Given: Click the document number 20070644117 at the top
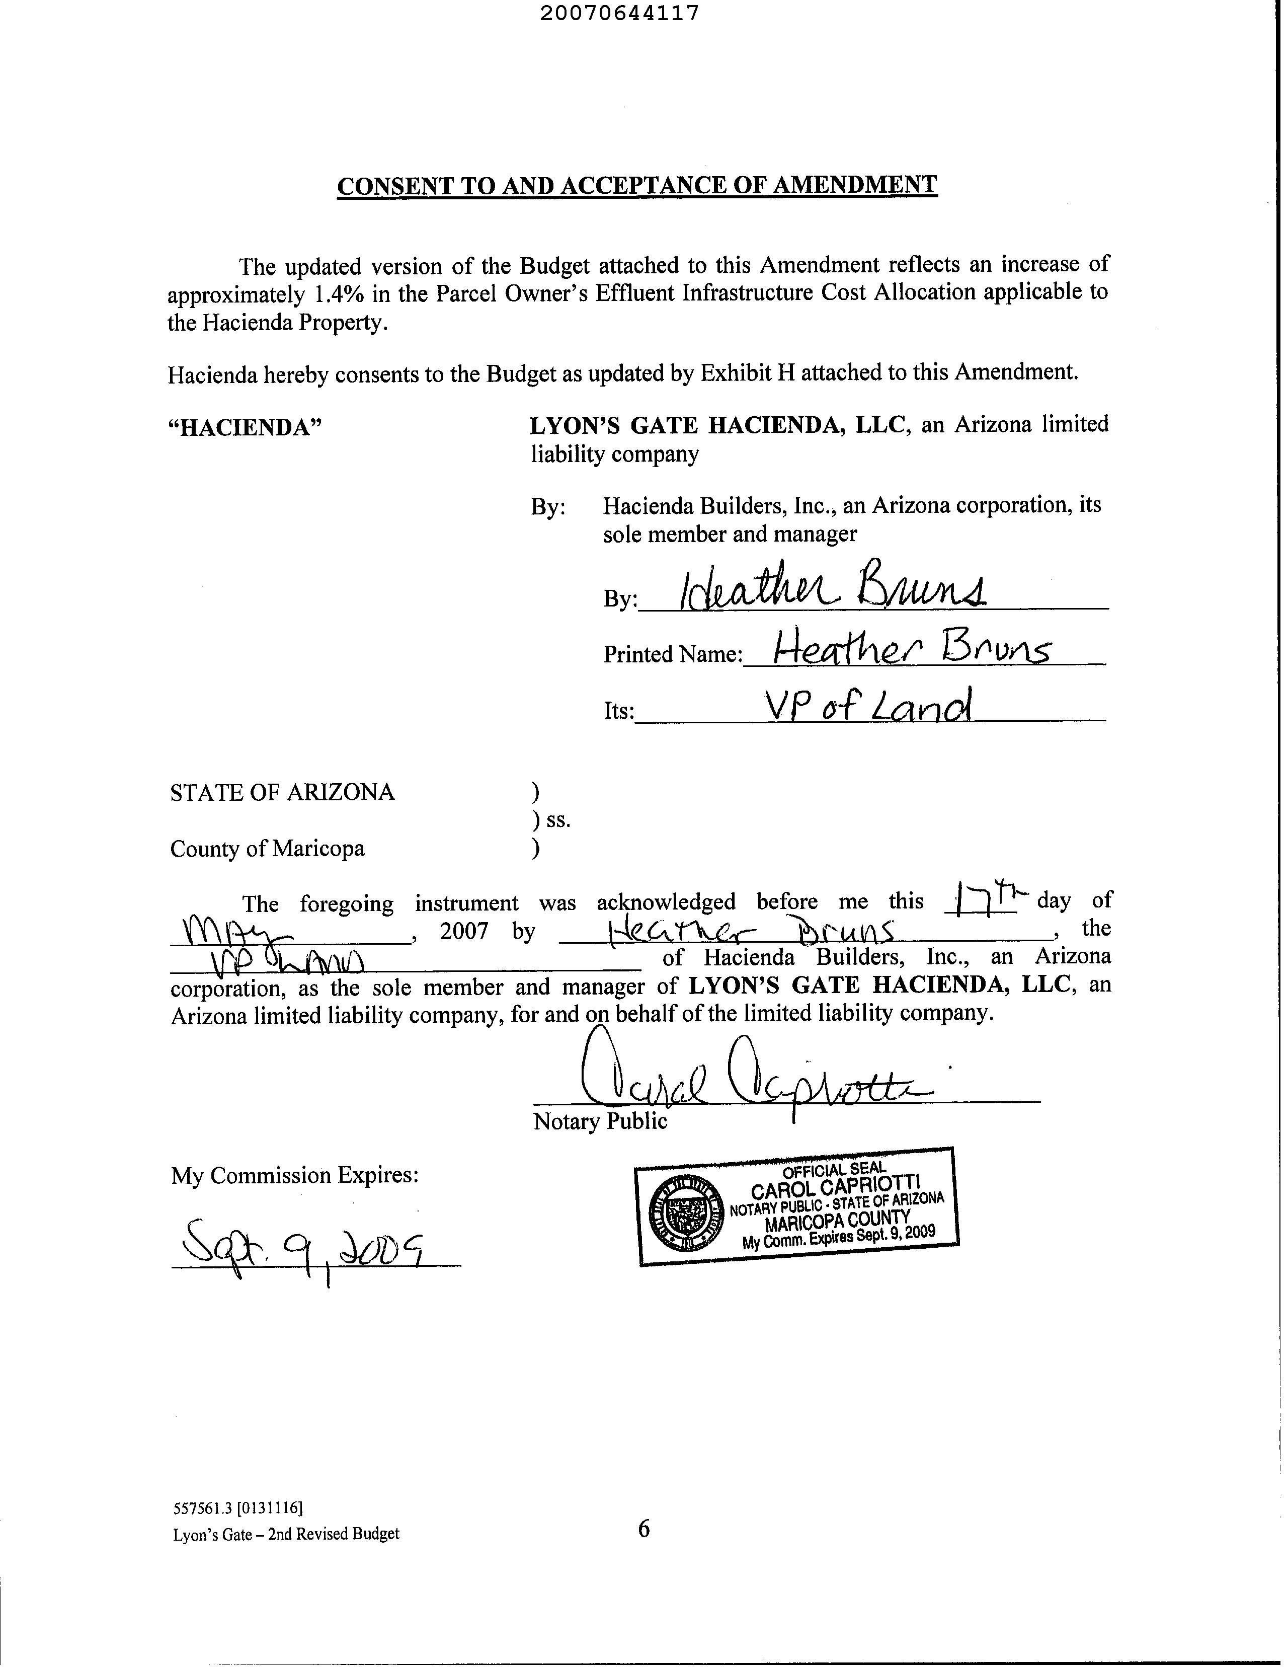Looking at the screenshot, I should (x=619, y=14).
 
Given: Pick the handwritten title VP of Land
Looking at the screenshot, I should (x=869, y=707).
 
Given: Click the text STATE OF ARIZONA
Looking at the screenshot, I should (x=282, y=792).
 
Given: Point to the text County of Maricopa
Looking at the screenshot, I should (x=267, y=849).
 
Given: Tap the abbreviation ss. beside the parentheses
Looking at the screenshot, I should (x=558, y=820).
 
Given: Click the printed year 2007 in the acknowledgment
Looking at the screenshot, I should (x=464, y=931).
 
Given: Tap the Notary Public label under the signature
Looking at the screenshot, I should (x=600, y=1121).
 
